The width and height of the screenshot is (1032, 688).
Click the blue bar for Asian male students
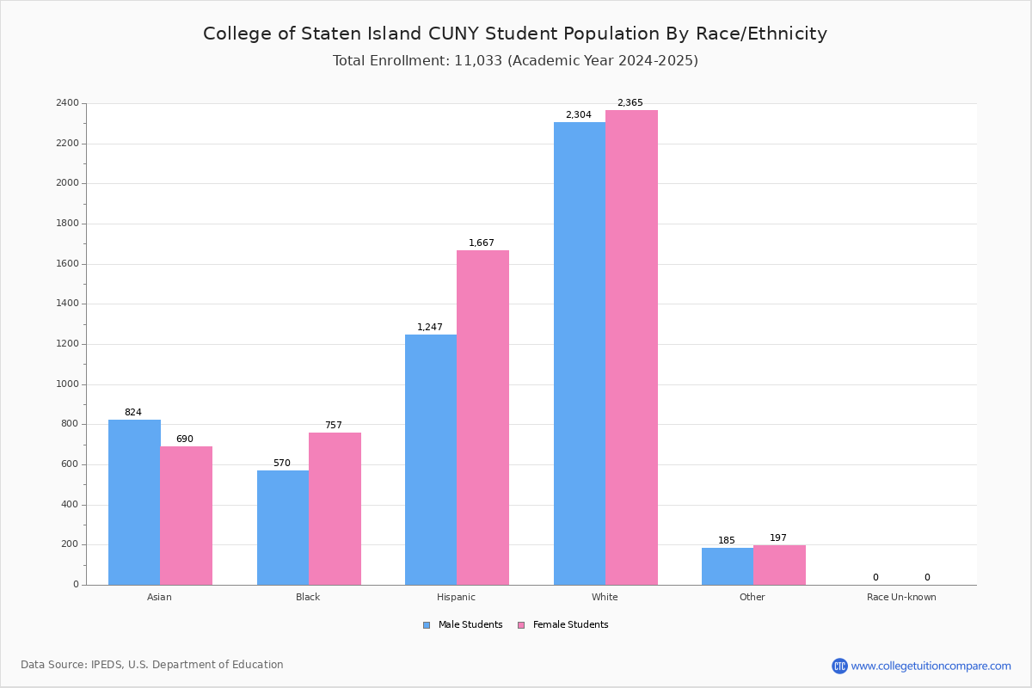click(x=134, y=502)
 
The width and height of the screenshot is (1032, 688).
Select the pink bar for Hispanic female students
click(x=482, y=417)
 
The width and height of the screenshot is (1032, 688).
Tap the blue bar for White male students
click(x=580, y=353)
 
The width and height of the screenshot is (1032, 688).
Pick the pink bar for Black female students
click(x=335, y=509)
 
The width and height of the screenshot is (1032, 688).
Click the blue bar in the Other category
click(x=728, y=567)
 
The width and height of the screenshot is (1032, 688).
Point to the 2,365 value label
click(x=630, y=102)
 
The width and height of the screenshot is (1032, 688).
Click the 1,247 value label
click(x=430, y=327)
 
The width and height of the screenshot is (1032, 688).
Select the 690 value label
click(x=185, y=439)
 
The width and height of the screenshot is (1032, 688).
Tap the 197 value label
click(x=778, y=537)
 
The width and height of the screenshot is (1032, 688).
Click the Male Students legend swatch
click(x=427, y=625)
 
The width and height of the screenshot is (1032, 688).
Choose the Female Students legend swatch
click(x=521, y=625)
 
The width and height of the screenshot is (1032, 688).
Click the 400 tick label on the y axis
click(x=70, y=505)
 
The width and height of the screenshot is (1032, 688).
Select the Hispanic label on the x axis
click(x=456, y=597)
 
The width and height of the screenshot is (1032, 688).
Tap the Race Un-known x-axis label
click(x=901, y=597)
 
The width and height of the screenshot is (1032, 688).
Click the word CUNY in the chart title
click(x=453, y=34)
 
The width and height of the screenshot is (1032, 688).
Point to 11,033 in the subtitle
click(x=478, y=61)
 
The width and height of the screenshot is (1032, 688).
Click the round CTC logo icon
click(x=839, y=666)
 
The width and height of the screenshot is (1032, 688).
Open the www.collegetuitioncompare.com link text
click(x=931, y=666)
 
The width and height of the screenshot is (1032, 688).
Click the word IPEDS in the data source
click(x=107, y=665)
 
